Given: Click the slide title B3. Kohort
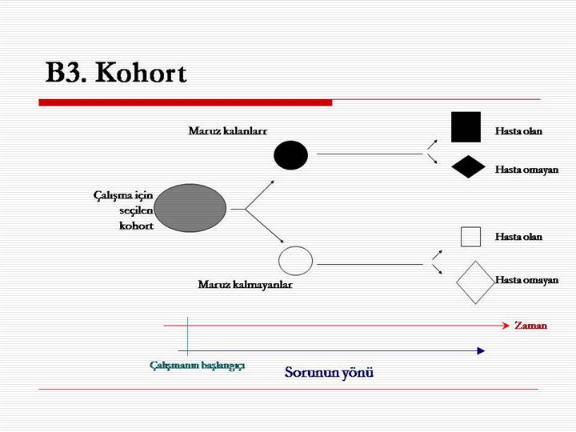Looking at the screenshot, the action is [116, 73].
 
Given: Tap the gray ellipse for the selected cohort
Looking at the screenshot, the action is [190, 208].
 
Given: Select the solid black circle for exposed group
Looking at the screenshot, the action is [290, 155].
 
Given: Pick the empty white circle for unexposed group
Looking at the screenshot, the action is [295, 261].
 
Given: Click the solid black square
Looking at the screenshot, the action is [466, 127].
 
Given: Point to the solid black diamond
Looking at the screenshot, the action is [468, 166].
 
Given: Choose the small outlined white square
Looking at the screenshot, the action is [470, 237].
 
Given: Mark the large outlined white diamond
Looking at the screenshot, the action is [475, 282].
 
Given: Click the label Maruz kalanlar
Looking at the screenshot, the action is [228, 130].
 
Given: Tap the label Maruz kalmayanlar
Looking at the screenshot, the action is [245, 284].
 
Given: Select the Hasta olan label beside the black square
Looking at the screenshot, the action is [518, 131].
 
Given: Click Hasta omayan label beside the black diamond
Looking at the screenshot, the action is [526, 170].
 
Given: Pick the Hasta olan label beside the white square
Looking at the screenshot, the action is [518, 237].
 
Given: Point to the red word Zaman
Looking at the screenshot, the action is [530, 326].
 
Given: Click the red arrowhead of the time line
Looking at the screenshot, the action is [506, 326].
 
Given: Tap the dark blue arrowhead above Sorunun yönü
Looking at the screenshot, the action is [481, 351].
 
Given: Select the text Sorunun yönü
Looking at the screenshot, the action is [329, 373].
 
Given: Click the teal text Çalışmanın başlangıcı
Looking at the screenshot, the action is [198, 366].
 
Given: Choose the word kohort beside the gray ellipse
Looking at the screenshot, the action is [136, 226].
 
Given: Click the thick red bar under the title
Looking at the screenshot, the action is [186, 102].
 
